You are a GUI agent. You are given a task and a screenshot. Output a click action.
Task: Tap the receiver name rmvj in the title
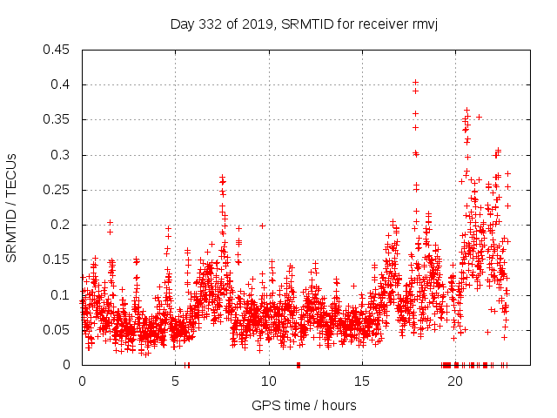422,24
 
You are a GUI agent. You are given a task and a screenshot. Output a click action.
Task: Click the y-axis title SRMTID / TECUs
12,207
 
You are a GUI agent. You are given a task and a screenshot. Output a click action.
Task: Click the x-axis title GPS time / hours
304,405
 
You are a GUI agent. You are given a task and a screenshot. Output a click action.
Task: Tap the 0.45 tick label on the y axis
58,50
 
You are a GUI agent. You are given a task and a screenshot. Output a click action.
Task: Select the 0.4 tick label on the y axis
62,84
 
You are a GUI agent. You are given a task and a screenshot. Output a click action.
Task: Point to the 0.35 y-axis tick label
58,119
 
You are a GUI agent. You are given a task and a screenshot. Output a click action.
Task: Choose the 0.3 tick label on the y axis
62,155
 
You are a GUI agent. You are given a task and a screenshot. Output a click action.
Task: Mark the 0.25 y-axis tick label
58,190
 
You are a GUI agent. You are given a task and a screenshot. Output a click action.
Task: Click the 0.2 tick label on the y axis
62,225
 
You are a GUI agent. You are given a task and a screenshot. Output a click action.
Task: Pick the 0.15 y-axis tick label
58,260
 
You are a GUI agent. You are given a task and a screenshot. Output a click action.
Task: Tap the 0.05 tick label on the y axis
58,330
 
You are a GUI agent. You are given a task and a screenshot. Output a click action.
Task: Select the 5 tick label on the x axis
175,381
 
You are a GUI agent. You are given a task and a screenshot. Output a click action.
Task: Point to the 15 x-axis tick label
362,381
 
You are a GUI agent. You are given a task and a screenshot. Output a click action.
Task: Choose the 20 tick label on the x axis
455,381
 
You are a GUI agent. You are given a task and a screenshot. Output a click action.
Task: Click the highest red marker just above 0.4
415,83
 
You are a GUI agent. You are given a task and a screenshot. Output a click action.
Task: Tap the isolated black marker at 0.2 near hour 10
262,226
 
